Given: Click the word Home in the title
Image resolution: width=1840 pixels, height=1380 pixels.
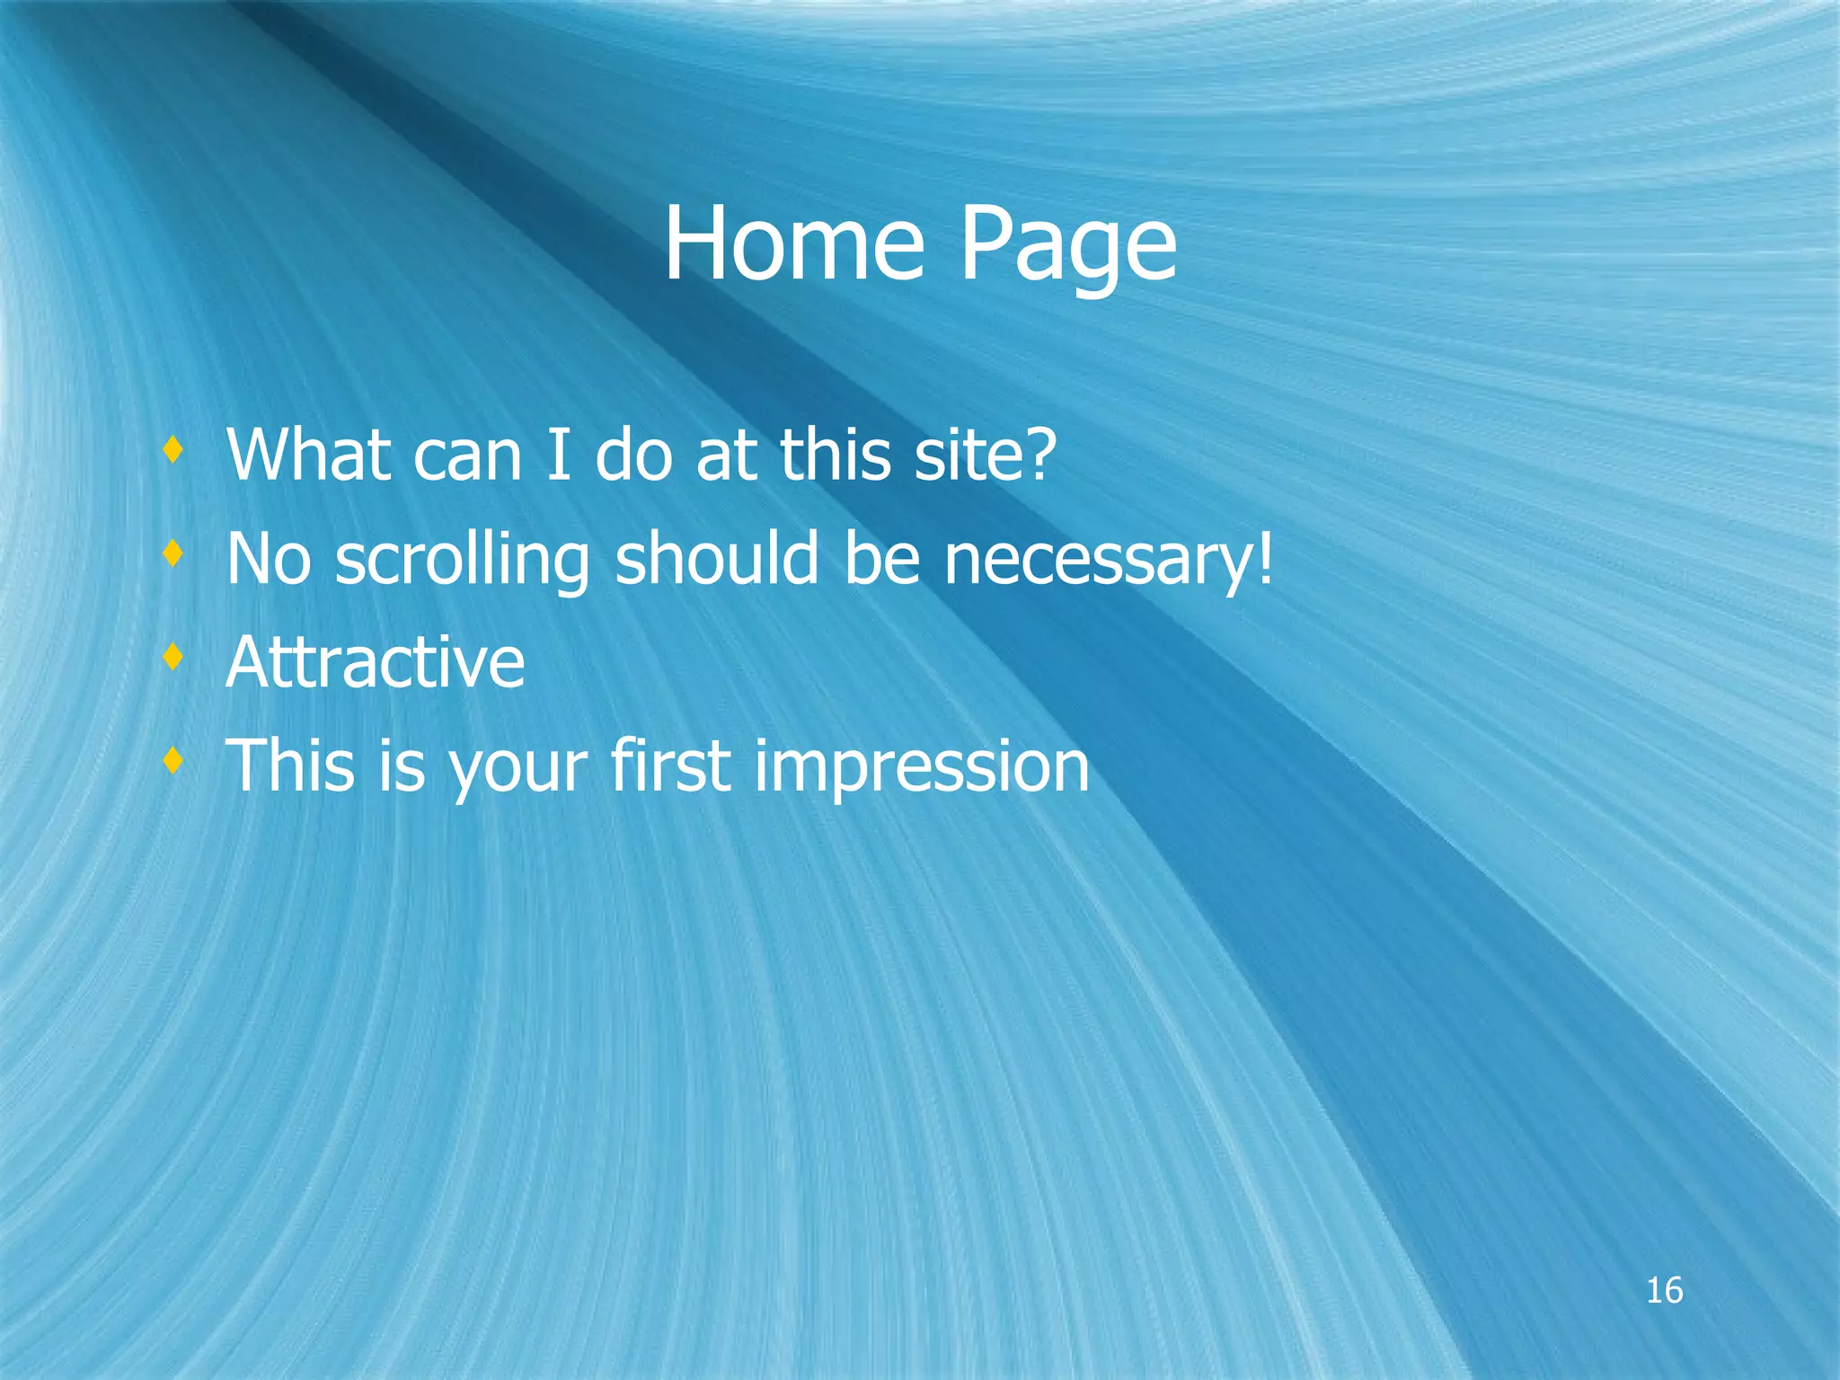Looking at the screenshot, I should pos(794,243).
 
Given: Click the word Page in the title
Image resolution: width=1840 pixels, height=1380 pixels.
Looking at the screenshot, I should pos(1068,247).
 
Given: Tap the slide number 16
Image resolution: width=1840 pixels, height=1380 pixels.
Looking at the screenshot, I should pos(1664,1291).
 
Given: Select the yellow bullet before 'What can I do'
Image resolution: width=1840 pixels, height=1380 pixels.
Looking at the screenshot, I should pos(173,450).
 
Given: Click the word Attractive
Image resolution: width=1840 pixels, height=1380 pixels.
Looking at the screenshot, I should pos(376,662).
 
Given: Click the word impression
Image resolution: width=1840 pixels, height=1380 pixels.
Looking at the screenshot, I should pos(922,767).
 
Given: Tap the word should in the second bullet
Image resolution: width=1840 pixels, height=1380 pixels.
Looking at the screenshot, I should pos(717,559).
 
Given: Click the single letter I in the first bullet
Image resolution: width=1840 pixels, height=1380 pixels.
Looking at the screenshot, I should pos(558,455).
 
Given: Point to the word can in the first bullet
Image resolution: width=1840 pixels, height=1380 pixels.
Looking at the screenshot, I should pos(467,456).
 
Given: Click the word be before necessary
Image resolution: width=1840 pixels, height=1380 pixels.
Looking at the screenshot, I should pos(882,559).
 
